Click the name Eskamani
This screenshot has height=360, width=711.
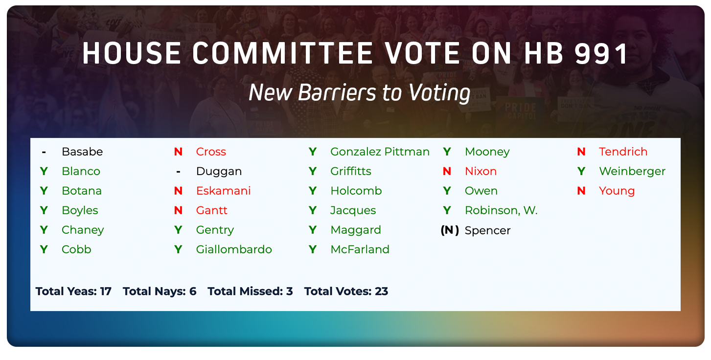[x=223, y=191]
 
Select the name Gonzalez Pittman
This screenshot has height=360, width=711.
[x=380, y=152]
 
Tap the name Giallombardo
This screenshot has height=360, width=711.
[x=234, y=249]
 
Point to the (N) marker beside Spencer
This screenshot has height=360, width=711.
[x=449, y=230]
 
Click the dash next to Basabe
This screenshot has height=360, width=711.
[x=44, y=152]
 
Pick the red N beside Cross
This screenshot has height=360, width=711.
[x=178, y=152]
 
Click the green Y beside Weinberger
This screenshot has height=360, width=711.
[x=581, y=171]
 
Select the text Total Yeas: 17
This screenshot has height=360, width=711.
[x=73, y=292]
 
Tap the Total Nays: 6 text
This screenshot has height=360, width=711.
[x=160, y=292]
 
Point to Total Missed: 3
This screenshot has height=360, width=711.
[x=250, y=292]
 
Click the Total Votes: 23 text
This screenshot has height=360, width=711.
[x=346, y=292]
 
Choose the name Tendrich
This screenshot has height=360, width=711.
[x=623, y=152]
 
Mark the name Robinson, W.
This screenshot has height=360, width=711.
[x=501, y=210]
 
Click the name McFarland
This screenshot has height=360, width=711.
[x=360, y=249]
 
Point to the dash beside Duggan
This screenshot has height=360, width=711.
[x=178, y=172]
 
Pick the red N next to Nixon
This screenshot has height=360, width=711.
[x=446, y=171]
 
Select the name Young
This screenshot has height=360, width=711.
[x=617, y=191]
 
